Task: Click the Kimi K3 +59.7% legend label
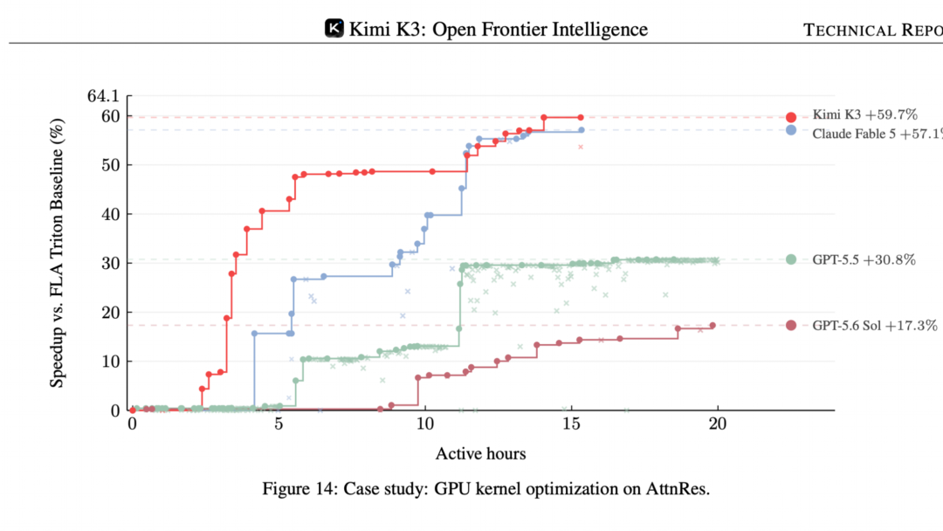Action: (x=864, y=114)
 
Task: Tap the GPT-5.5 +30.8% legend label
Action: (x=864, y=259)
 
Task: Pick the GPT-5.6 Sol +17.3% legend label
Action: (x=874, y=326)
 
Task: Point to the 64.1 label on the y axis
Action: (x=103, y=95)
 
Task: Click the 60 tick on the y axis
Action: (x=111, y=116)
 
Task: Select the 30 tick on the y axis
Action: (x=111, y=264)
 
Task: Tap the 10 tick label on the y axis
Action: (x=111, y=362)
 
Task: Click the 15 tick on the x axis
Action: (x=571, y=424)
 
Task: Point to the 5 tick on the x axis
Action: (x=279, y=424)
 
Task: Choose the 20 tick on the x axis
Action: (x=718, y=424)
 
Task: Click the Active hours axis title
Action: (x=480, y=453)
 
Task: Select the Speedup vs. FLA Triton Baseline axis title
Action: (x=57, y=253)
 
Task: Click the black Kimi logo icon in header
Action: (x=334, y=28)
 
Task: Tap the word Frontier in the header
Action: (x=499, y=29)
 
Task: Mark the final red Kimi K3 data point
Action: (x=581, y=117)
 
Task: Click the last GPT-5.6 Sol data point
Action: (x=712, y=326)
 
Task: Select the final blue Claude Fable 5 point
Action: (x=582, y=130)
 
